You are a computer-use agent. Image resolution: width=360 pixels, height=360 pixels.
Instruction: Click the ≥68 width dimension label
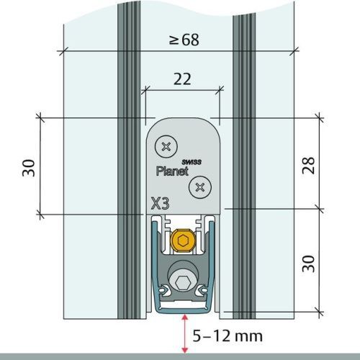[x=184, y=40]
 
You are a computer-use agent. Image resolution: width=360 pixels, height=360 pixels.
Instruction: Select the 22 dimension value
[x=182, y=79]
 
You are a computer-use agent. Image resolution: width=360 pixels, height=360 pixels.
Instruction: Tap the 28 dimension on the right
[x=308, y=165]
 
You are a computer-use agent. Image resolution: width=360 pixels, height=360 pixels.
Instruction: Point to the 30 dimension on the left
[x=29, y=168]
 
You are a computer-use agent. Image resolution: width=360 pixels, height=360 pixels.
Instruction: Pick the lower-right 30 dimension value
[x=308, y=264]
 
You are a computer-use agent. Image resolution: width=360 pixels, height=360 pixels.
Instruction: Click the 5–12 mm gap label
[x=228, y=336]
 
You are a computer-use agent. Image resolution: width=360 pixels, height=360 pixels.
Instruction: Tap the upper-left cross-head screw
[x=166, y=146]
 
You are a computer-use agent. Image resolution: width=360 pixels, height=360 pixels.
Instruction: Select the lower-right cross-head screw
[x=200, y=187]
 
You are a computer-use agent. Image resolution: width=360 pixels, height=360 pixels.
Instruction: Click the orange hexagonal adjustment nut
[x=183, y=240]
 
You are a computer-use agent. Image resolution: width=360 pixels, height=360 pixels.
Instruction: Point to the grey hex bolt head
[x=184, y=283]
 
